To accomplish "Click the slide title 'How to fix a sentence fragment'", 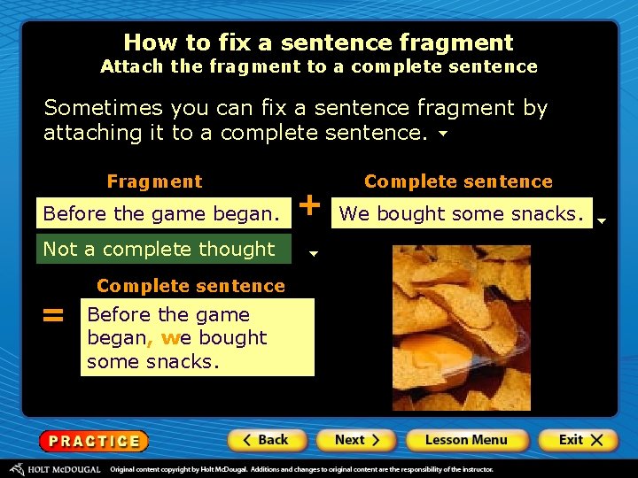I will [318, 42].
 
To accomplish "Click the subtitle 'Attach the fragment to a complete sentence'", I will [318, 66].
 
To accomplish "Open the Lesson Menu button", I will [465, 440].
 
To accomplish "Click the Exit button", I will [580, 440].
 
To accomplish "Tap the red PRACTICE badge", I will [93, 441].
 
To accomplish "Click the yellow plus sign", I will [310, 205].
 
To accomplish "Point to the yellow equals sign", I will [54, 315].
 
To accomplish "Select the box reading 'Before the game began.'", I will [162, 213].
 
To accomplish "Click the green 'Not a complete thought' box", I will [162, 250].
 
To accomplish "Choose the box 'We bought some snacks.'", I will [462, 213].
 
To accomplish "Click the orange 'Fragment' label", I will [154, 181].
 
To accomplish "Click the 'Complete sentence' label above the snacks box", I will [458, 181].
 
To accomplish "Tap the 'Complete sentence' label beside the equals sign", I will [191, 286].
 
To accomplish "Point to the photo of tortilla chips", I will [461, 328].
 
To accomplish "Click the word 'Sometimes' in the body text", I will [91, 108].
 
